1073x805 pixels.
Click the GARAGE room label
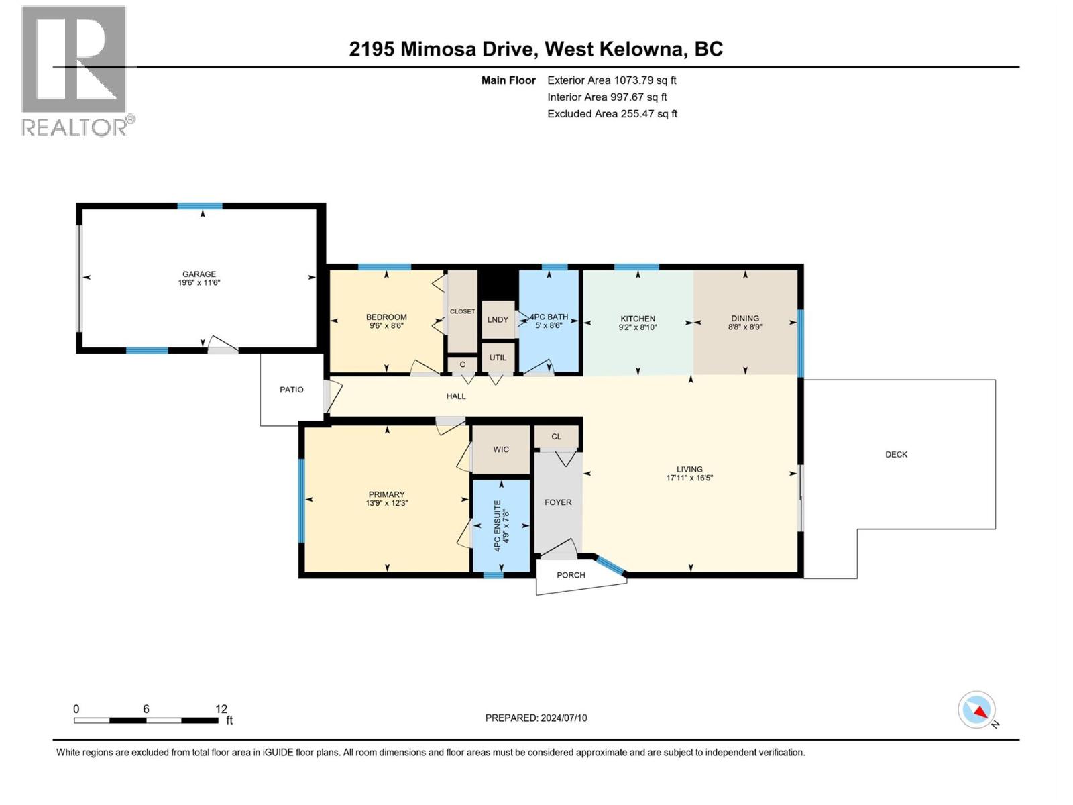(x=199, y=274)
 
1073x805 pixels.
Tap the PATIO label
(x=291, y=390)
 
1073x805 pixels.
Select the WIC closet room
(x=501, y=449)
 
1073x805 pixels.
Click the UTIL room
(x=498, y=358)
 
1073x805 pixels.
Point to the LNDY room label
(x=498, y=319)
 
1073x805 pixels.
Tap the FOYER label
(x=558, y=502)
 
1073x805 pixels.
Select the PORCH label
(x=571, y=575)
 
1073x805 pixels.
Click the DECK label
(x=896, y=455)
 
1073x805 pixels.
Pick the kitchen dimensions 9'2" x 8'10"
(x=638, y=328)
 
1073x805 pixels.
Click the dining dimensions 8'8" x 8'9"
(x=745, y=327)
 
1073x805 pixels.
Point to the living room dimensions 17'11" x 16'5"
(x=689, y=478)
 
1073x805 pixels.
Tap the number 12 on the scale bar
(x=221, y=709)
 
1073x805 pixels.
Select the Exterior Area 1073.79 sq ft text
(x=612, y=80)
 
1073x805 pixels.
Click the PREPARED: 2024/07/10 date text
(x=536, y=718)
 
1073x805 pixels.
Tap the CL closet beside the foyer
(x=556, y=437)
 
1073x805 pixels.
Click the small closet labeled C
(x=462, y=365)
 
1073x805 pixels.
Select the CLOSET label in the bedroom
(x=462, y=311)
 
